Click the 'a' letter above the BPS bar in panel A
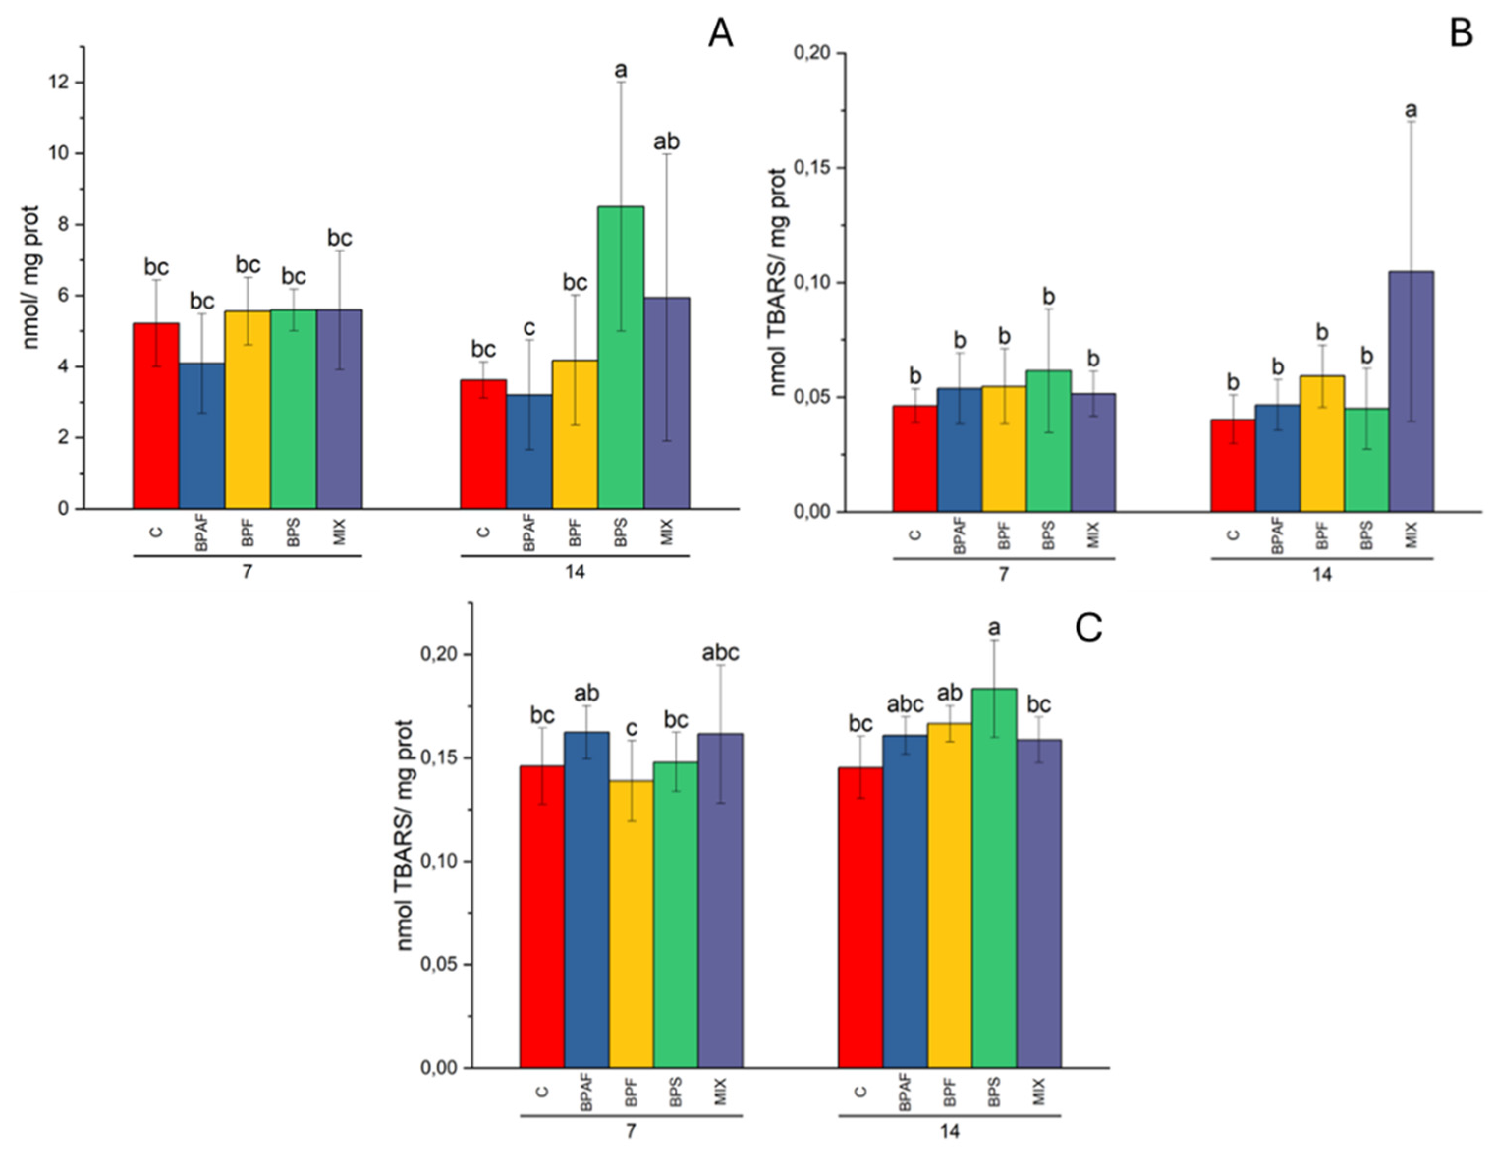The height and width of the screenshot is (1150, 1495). [x=621, y=70]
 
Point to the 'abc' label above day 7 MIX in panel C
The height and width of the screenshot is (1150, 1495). [x=720, y=653]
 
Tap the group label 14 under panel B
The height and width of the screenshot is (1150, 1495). [x=1322, y=574]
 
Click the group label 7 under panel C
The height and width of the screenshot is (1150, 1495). [x=631, y=1131]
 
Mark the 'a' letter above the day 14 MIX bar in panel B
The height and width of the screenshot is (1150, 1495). [x=1411, y=110]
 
